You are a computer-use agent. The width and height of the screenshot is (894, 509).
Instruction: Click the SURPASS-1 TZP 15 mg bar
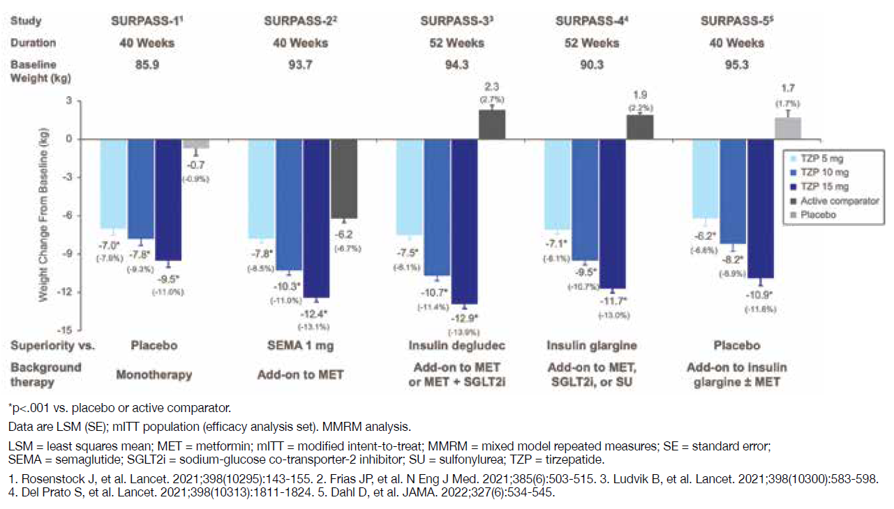click(x=168, y=199)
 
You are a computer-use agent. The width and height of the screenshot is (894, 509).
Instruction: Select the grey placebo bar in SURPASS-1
click(x=195, y=143)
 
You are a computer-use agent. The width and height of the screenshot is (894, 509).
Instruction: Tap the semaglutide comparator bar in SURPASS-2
click(x=344, y=178)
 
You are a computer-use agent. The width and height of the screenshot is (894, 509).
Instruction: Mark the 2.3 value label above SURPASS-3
click(x=491, y=88)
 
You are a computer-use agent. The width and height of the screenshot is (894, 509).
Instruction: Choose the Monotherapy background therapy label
click(x=154, y=375)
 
